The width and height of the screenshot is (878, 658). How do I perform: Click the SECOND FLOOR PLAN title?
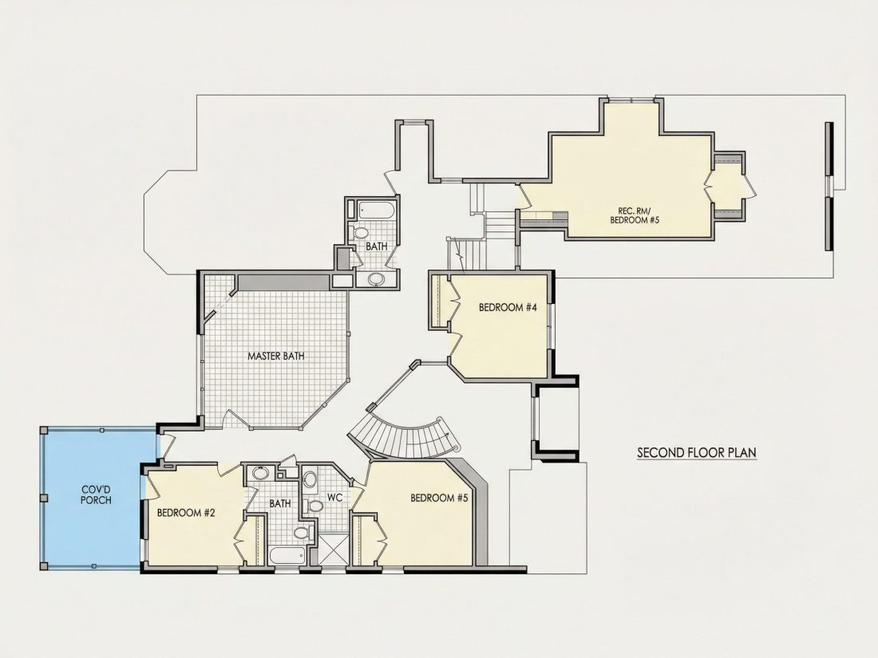pos(697,452)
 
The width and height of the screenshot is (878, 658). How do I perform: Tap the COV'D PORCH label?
pos(96,494)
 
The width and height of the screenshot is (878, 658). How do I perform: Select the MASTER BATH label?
pos(276,356)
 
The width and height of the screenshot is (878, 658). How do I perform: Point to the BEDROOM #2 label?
pos(187,513)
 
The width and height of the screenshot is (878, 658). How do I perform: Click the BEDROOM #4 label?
pos(508,307)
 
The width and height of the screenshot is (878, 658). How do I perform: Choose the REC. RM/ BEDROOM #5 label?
pos(635,215)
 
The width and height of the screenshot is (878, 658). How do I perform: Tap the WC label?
pos(335,497)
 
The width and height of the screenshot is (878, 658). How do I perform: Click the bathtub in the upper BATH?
pos(376,211)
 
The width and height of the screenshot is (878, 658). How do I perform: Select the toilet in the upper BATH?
pos(360,232)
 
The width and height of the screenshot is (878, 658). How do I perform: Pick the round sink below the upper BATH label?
pos(376,278)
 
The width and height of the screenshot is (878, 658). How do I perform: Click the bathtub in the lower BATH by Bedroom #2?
pos(287,557)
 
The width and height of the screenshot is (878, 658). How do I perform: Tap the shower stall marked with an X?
pos(333,549)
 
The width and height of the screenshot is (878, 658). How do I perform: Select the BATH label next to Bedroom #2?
pos(280,503)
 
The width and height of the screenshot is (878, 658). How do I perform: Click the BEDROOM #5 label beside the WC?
pos(439,498)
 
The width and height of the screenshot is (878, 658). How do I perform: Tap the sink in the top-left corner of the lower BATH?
pos(260,473)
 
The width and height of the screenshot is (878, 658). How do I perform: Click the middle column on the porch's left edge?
pos(44,498)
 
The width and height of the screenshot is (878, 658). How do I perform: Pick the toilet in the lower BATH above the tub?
pos(303,532)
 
